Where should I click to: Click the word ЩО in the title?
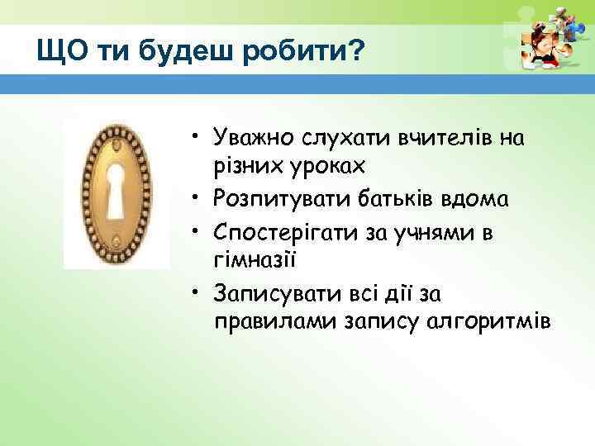tap(57, 52)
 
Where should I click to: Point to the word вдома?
tap(479, 199)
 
